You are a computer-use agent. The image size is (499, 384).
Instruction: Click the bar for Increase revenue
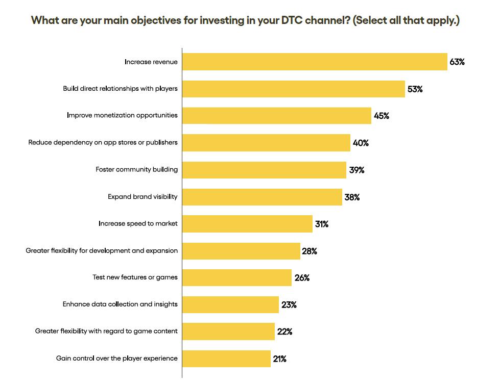[315, 62]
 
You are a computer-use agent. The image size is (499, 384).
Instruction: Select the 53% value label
[415, 89]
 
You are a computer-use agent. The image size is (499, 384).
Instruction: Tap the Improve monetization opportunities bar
[276, 116]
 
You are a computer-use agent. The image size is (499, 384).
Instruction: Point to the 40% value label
[361, 143]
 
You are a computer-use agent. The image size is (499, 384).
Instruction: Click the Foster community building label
[136, 169]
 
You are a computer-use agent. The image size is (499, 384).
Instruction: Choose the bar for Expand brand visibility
[262, 197]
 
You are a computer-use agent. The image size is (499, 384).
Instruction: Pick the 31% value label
[322, 224]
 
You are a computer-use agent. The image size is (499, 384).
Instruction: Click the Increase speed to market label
[138, 223]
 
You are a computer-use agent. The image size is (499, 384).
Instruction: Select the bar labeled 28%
[241, 251]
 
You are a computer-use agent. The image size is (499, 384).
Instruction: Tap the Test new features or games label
[135, 277]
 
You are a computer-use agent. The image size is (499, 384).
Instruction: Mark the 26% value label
[302, 278]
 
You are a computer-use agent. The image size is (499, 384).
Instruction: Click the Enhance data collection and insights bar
[230, 304]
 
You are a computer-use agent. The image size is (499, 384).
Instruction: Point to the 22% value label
[285, 331]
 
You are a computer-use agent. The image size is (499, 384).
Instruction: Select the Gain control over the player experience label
[117, 359]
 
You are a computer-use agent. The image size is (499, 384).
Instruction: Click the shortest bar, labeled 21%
[226, 359]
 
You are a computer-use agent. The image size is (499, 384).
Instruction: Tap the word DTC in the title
[292, 20]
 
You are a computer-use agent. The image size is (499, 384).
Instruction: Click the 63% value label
[457, 62]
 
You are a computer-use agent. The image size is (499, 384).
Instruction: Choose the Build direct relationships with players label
[121, 88]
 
